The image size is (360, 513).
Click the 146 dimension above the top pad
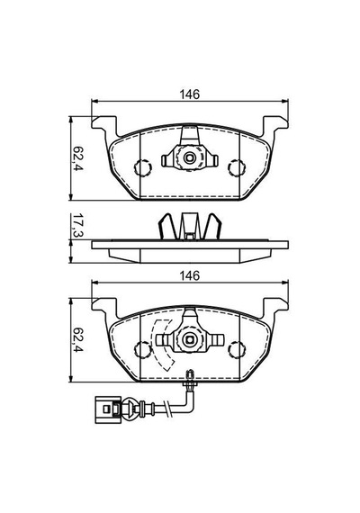pos(190,94)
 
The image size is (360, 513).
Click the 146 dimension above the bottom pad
pos(190,275)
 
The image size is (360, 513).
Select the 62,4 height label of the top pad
pos(78,158)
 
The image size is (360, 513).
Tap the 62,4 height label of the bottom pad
pos(78,339)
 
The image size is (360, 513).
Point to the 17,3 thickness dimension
pos(78,225)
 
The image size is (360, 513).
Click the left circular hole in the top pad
pos(143,167)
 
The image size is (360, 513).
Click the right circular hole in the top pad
pos(237,167)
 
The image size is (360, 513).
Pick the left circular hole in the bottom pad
pos(143,349)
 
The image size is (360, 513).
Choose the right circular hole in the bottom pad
pos(237,349)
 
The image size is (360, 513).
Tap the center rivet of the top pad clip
pos(190,158)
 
